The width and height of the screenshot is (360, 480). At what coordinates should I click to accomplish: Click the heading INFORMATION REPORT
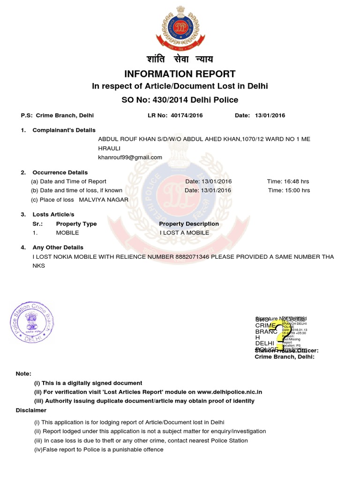point(180,74)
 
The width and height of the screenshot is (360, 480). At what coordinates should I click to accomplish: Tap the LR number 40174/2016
point(187,115)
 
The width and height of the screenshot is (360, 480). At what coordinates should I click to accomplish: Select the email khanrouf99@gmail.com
point(130,157)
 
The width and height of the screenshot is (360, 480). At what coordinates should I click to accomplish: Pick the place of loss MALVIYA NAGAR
point(104,200)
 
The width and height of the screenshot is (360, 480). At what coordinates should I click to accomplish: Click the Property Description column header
point(189,224)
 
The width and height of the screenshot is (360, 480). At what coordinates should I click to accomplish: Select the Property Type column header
point(76,224)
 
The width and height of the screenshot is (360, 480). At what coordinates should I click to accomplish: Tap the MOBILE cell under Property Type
point(67,232)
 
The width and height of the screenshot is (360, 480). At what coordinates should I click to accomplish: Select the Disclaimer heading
point(31,410)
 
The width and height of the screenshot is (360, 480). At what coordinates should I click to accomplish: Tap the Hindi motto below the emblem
point(180,59)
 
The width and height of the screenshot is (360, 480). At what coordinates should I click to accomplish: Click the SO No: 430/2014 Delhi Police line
point(180,100)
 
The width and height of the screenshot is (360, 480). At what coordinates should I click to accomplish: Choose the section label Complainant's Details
point(64,130)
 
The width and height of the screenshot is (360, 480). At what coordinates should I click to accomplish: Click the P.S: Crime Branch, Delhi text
point(57,115)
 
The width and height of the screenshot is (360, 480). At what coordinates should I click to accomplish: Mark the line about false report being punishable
point(98,450)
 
